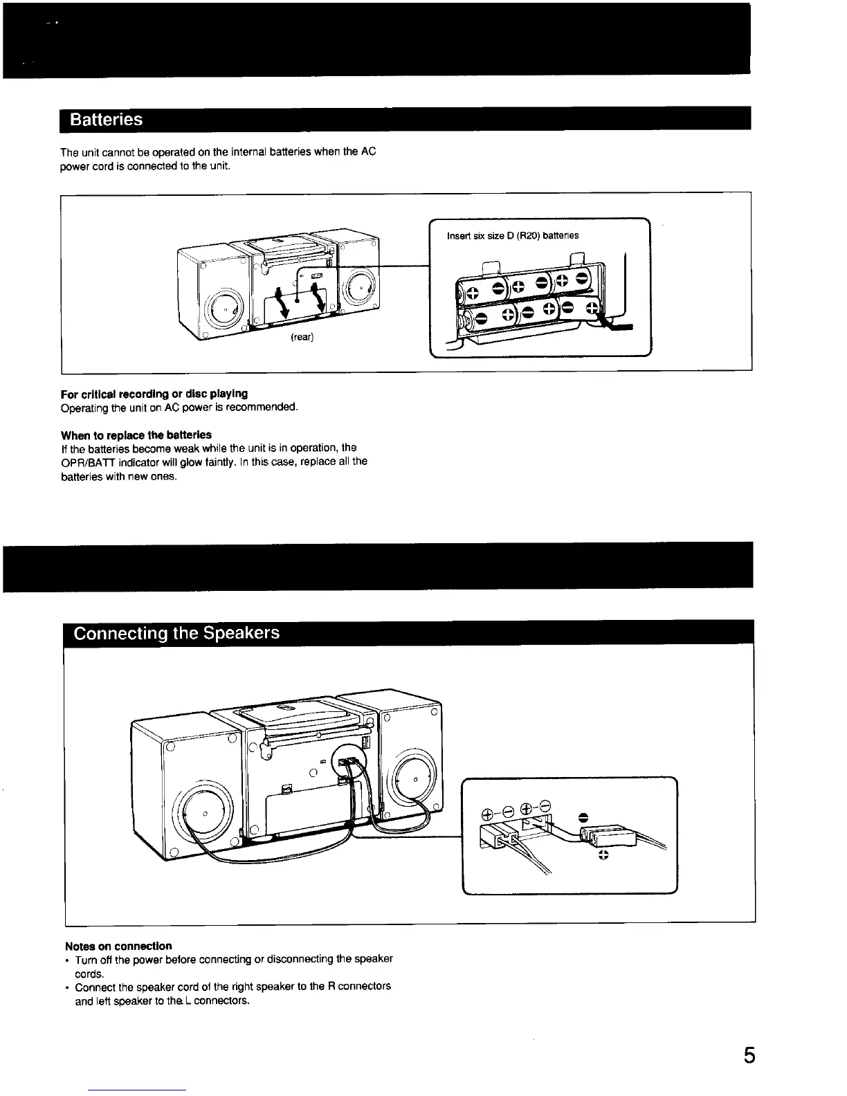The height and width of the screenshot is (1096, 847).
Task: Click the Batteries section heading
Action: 107,120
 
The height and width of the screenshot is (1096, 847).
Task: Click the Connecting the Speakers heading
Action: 176,633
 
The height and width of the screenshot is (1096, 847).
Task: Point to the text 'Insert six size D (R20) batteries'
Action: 513,235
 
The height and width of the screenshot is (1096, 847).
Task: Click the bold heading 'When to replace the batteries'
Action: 136,435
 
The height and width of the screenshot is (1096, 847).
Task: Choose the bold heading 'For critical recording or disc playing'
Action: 154,394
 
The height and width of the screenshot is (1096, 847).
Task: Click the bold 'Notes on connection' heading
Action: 118,946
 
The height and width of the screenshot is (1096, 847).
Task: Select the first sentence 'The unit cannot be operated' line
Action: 218,152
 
